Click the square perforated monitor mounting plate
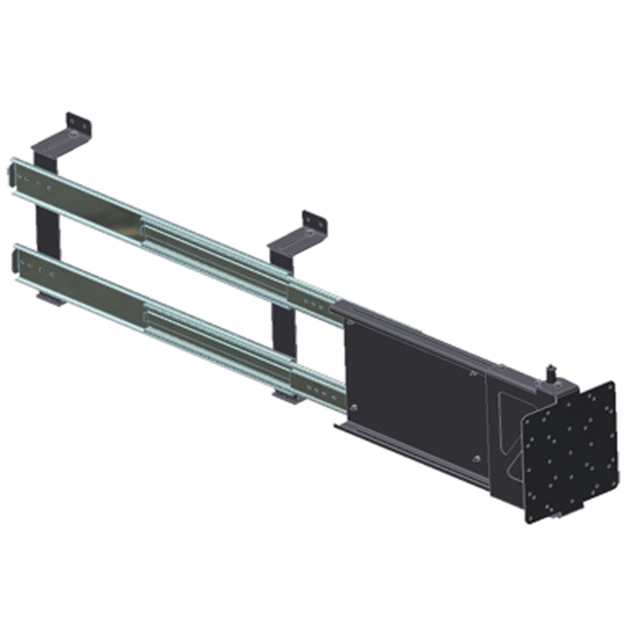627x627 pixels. coord(570,455)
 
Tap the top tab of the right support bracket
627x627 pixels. coord(315,221)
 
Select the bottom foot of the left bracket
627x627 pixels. coord(50,299)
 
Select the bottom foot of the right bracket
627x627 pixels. coord(288,397)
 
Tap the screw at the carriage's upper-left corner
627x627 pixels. coord(350,322)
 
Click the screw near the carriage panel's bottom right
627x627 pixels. coord(476,458)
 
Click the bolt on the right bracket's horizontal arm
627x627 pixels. coord(310,234)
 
